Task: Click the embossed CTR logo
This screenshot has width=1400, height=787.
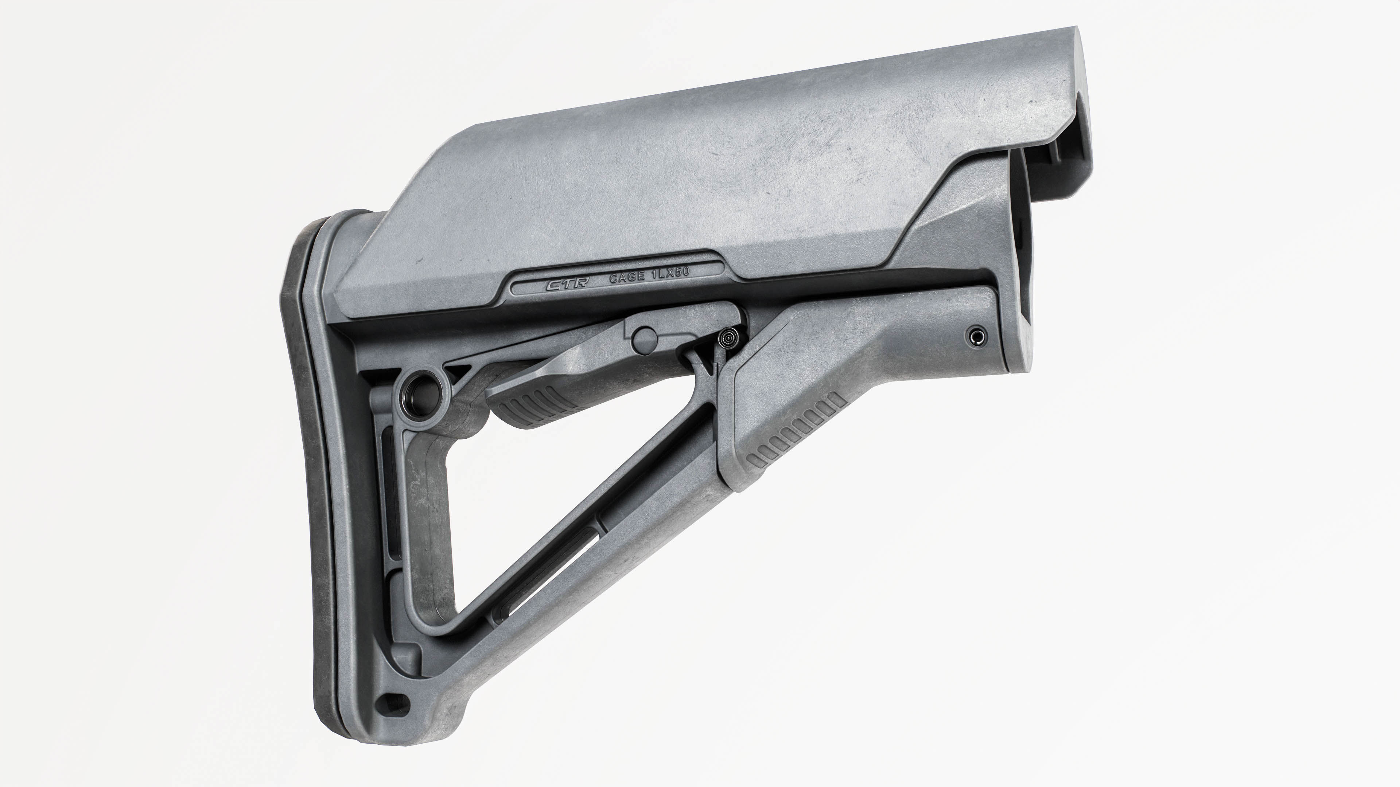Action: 560,285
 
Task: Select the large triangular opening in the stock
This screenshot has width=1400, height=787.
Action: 544,489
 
